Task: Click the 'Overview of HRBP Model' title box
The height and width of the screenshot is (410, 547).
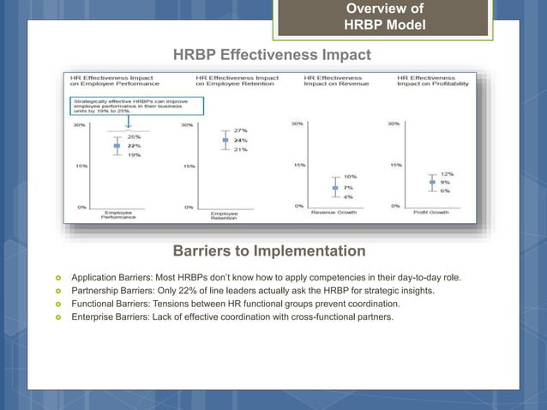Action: (x=383, y=17)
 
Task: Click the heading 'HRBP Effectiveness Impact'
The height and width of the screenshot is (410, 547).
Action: (x=272, y=56)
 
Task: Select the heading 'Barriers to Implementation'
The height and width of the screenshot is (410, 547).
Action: (x=269, y=251)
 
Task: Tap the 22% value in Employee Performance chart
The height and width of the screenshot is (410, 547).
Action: (x=135, y=146)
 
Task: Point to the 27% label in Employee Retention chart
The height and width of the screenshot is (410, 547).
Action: (x=242, y=131)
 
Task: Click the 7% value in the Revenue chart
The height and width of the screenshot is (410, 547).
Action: (x=349, y=186)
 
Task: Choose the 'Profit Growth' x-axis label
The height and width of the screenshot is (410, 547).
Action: (x=430, y=212)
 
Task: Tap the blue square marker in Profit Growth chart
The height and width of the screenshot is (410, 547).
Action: (x=432, y=182)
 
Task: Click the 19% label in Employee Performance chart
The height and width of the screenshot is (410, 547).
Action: (x=135, y=155)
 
